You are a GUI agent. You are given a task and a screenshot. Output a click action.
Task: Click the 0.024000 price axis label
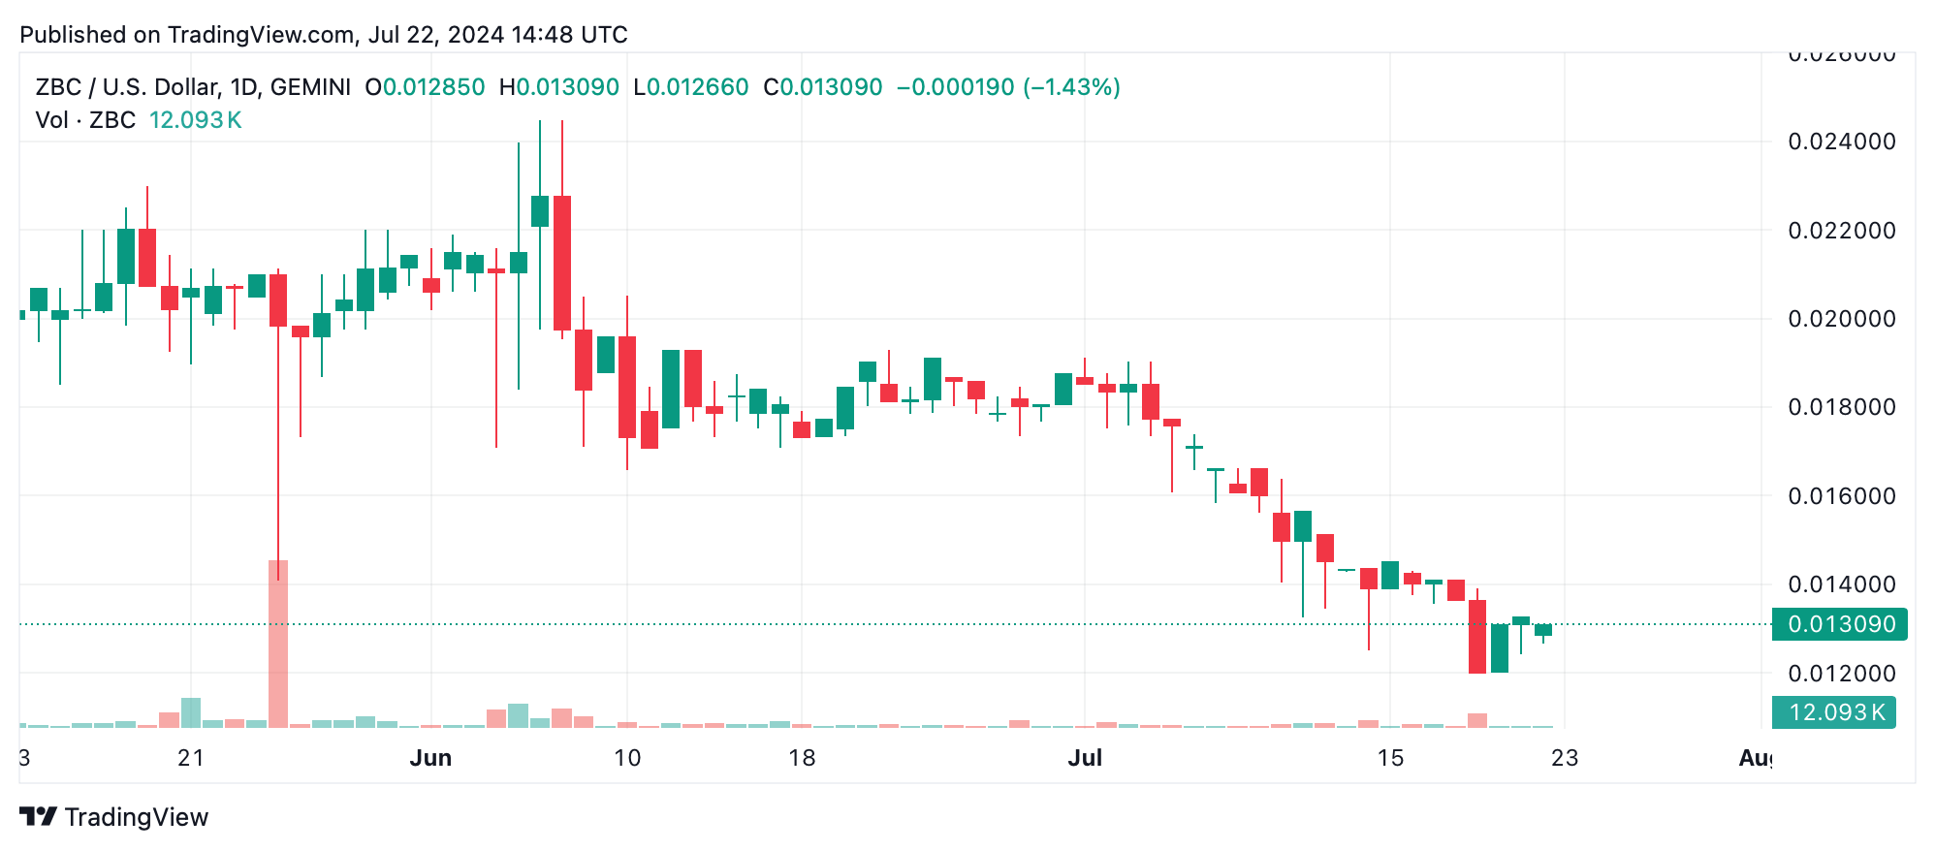[x=1841, y=142]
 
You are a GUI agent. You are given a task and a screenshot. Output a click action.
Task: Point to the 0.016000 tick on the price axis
[x=1841, y=496]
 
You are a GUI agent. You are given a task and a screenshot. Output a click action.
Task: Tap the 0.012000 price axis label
[x=1841, y=674]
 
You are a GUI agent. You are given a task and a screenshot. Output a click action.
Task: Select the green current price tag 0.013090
[x=1839, y=624]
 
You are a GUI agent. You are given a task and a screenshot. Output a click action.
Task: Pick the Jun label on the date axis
[x=430, y=758]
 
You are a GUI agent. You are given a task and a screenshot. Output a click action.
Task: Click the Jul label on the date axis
[x=1085, y=758]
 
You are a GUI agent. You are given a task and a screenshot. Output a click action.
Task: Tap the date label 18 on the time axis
[x=802, y=758]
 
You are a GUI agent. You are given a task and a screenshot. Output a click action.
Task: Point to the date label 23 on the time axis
[x=1565, y=758]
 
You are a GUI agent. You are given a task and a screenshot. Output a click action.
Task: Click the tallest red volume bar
[x=278, y=644]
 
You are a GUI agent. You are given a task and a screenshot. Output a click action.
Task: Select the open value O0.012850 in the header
[x=425, y=87]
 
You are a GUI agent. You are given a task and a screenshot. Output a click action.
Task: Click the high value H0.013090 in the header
[x=559, y=87]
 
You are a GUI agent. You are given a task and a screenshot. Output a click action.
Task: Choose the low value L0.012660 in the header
[x=691, y=87]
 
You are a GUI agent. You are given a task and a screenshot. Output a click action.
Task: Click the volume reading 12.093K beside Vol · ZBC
[x=195, y=120]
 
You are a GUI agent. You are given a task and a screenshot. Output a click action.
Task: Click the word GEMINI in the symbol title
[x=310, y=87]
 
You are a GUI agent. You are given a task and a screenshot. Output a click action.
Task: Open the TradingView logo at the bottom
[x=114, y=817]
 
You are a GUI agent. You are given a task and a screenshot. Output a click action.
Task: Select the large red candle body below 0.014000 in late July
[x=1477, y=636]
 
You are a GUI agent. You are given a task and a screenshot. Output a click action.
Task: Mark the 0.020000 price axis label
[x=1841, y=319]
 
